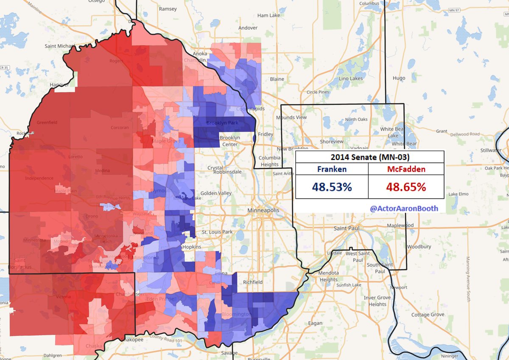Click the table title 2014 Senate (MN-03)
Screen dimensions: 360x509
coord(369,157)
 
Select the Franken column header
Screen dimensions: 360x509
coord(332,169)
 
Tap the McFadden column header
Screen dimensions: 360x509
coord(406,169)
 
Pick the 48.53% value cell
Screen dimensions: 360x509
coord(332,186)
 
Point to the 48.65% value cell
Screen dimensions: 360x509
coord(406,186)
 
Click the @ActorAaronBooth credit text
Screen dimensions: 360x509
coord(404,208)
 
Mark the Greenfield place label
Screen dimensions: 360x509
coord(47,123)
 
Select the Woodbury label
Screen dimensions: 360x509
coord(419,247)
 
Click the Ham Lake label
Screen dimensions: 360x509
coord(269,15)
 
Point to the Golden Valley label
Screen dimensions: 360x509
coord(214,193)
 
